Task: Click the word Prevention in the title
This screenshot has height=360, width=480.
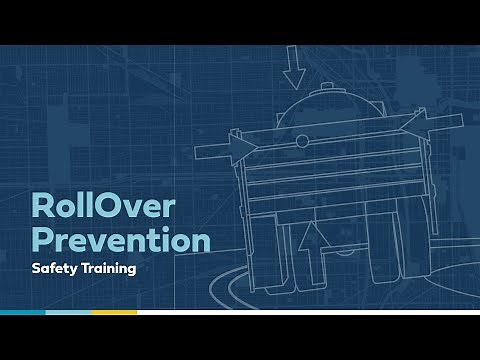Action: coord(121,241)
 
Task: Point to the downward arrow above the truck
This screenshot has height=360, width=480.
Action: coord(294,67)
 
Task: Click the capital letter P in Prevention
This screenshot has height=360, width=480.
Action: coord(43,241)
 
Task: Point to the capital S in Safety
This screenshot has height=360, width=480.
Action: coord(36,270)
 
